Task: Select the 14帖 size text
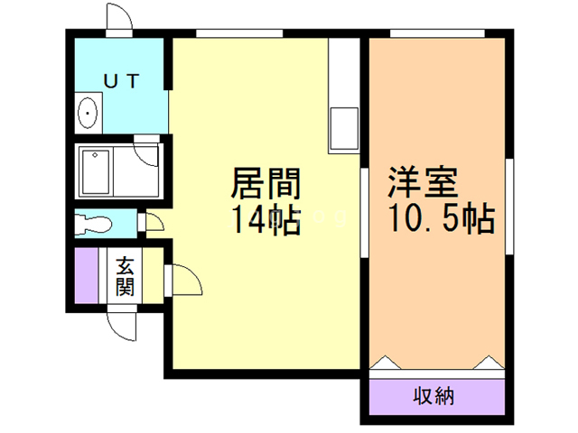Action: point(265,220)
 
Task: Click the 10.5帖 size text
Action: point(441,218)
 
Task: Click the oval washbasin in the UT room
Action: point(89,114)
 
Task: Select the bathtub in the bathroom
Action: point(96,170)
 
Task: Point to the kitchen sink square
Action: point(344,127)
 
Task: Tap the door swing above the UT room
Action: point(117,19)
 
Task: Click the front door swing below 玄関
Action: point(120,322)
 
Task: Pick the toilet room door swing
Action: point(154,222)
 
